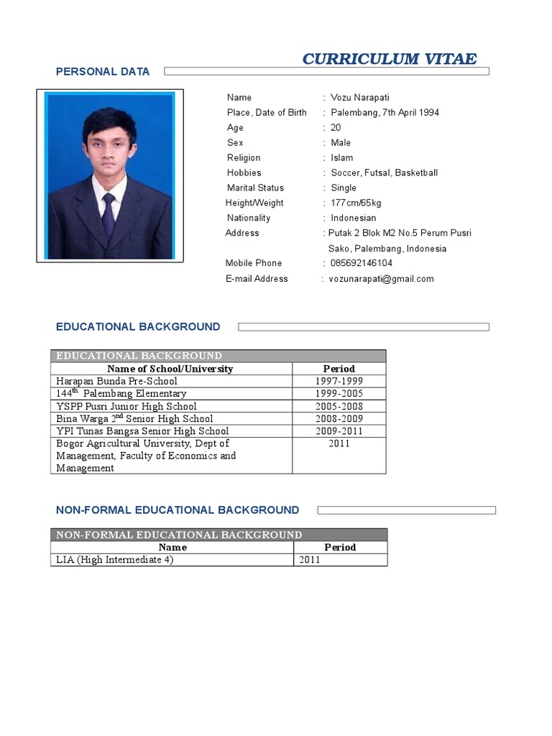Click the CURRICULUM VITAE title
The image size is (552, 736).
[389, 59]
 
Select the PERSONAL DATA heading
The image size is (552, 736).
[103, 71]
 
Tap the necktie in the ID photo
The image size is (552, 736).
[109, 214]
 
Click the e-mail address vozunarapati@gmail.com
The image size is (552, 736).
[381, 279]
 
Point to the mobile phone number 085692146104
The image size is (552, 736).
[362, 263]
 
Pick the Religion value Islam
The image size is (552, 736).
[341, 158]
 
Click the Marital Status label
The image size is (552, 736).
[255, 188]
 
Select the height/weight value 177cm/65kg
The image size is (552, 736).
[356, 203]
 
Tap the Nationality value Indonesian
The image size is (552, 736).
[353, 218]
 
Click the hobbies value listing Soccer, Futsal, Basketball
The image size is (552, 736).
[384, 173]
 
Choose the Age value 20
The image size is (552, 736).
[336, 128]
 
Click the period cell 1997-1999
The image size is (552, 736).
[339, 382]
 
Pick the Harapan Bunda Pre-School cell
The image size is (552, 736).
[116, 382]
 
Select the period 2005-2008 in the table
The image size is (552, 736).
[339, 407]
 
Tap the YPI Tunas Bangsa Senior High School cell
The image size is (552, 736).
[142, 431]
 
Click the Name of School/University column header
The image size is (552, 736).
[170, 369]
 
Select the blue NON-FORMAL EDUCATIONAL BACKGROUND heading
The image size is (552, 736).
[178, 510]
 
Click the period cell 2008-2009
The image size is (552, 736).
[339, 419]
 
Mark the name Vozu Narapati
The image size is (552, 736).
[360, 98]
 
